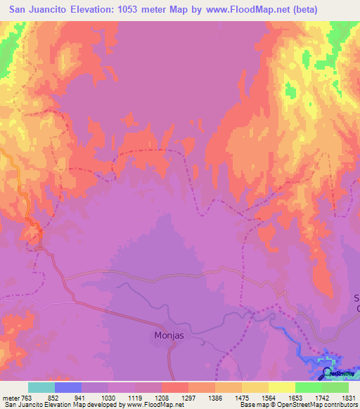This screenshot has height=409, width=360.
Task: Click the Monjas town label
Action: click(x=169, y=335)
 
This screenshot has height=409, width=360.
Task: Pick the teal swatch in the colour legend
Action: click(x=41, y=387)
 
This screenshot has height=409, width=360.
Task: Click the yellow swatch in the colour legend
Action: click(x=282, y=387)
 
